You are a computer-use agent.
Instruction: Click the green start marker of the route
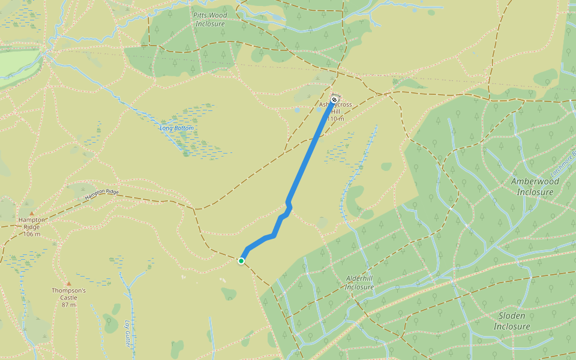pos(241,261)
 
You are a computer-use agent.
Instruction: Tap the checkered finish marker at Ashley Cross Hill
pos(334,100)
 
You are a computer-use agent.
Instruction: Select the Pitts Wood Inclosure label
pos(209,19)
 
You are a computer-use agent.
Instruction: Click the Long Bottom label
pos(176,128)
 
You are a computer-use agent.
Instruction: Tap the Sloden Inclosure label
pos(512,321)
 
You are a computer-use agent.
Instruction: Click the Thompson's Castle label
pos(68,291)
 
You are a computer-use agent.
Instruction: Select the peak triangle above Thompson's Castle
pos(68,283)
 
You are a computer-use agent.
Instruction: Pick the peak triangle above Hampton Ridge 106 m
pos(32,212)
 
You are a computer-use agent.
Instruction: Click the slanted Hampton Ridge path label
pos(102,194)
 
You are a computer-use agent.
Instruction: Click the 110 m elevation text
pos(336,119)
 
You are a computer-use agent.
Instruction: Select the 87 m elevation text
pos(68,305)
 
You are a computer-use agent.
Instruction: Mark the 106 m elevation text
pos(32,233)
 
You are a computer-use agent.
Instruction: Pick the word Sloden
pos(512,316)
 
